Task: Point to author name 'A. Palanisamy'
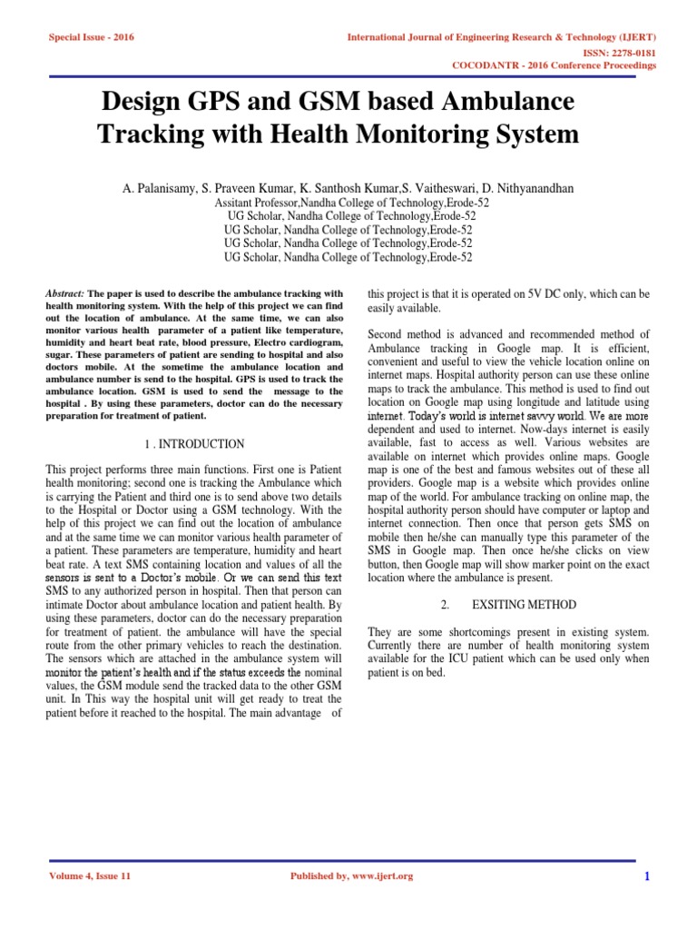coord(163,189)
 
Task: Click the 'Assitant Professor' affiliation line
coord(348,203)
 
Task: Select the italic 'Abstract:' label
coord(65,294)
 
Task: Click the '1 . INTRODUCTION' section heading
coord(194,444)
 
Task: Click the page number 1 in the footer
coord(647,876)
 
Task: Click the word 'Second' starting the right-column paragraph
coord(385,336)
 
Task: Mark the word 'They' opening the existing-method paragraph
coord(379,631)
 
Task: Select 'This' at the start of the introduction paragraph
coord(57,470)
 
